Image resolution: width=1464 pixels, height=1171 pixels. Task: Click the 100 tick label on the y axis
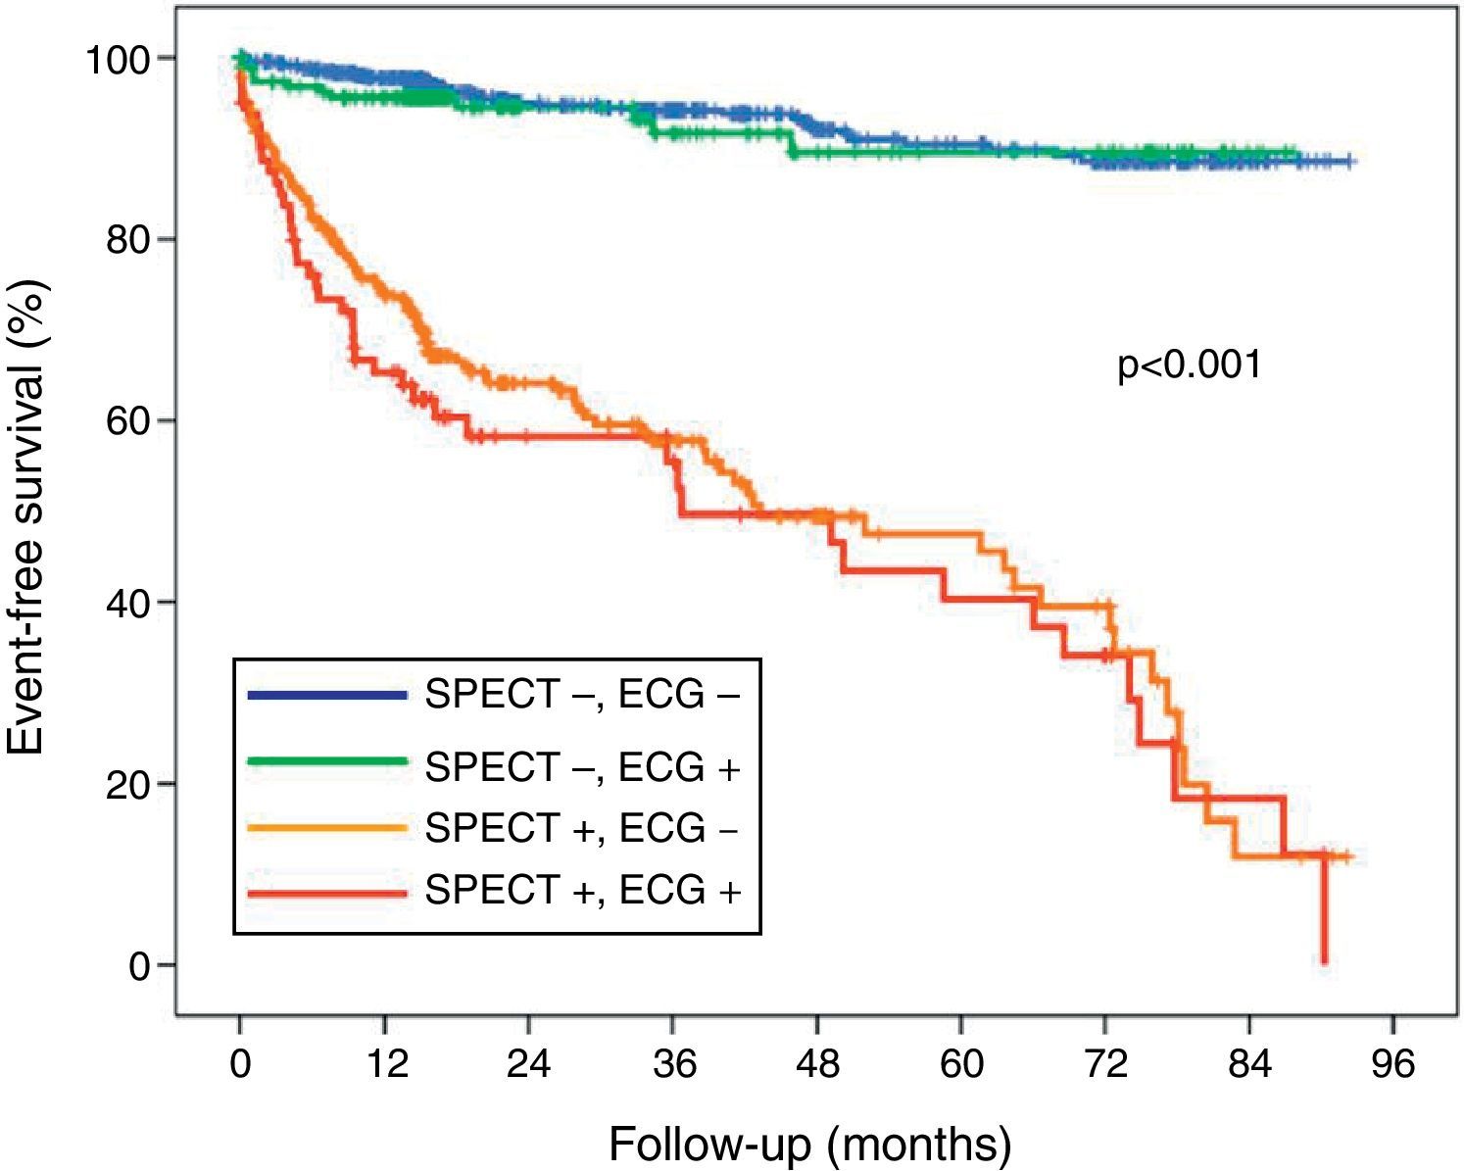click(x=117, y=60)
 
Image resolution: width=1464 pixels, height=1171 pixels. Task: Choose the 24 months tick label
click(x=528, y=1063)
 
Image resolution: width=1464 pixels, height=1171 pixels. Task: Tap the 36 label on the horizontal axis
click(x=673, y=1063)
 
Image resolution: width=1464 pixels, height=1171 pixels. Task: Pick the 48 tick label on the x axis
click(x=817, y=1063)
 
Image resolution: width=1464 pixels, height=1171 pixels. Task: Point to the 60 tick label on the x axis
click(x=961, y=1063)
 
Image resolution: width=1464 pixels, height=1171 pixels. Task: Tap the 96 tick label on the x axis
click(x=1393, y=1063)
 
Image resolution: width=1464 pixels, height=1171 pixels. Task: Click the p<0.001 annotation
click(x=1189, y=366)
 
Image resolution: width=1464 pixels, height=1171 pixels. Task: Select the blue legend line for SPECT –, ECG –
click(x=326, y=696)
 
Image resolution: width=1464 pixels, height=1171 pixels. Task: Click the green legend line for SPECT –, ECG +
click(x=326, y=761)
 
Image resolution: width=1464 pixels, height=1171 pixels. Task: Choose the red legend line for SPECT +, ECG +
click(x=326, y=893)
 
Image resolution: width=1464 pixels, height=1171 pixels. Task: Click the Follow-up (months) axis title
click(x=809, y=1144)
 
